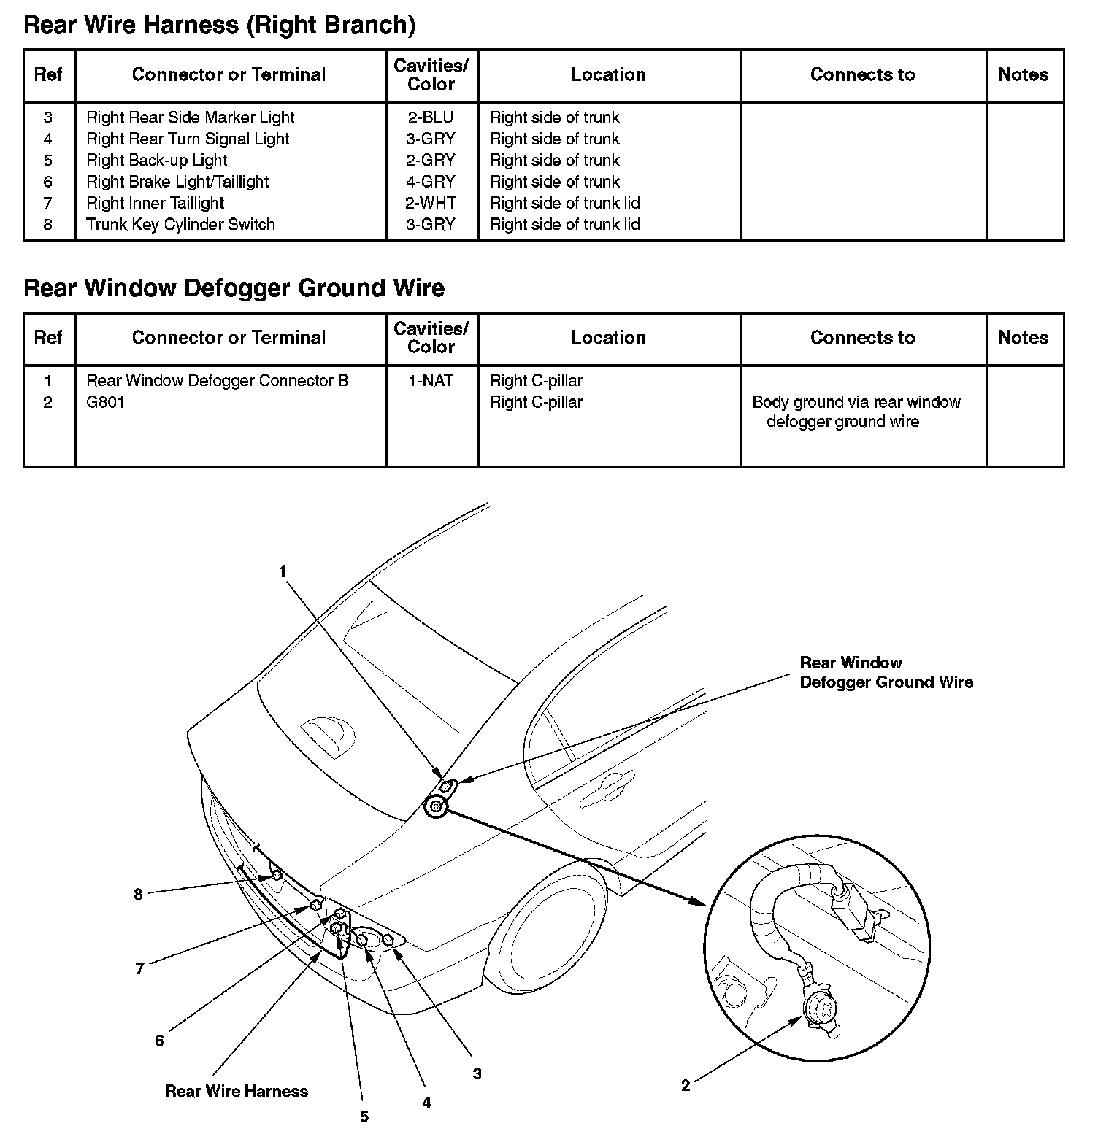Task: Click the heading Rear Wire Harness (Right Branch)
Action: [219, 26]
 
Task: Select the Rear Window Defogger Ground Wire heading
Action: [234, 288]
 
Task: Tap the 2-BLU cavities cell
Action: [431, 117]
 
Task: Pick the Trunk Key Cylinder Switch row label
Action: [180, 225]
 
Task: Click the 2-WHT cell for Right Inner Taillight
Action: [431, 203]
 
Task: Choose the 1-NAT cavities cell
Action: [431, 381]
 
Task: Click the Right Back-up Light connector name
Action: [156, 161]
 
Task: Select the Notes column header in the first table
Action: [1023, 75]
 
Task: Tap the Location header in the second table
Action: [608, 338]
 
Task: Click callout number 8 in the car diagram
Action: [138, 894]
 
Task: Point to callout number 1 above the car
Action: [283, 571]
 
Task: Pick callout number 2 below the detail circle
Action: [686, 1086]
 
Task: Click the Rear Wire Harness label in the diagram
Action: [236, 1091]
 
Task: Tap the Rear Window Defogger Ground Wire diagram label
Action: [886, 673]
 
